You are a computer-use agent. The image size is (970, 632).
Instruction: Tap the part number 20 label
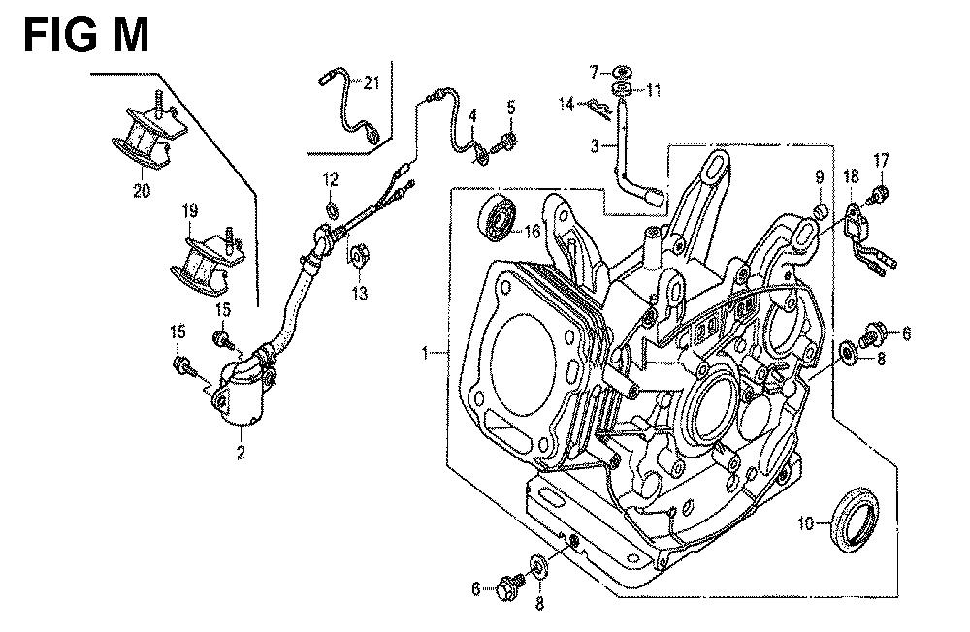pos(143,191)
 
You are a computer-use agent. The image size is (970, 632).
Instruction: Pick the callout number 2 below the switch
pos(242,451)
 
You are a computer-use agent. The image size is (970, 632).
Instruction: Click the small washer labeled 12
pos(332,208)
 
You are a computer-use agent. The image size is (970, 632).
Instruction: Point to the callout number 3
pos(594,146)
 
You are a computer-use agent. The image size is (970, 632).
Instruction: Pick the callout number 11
pos(653,90)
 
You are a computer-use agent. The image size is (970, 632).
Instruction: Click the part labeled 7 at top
pos(622,72)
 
